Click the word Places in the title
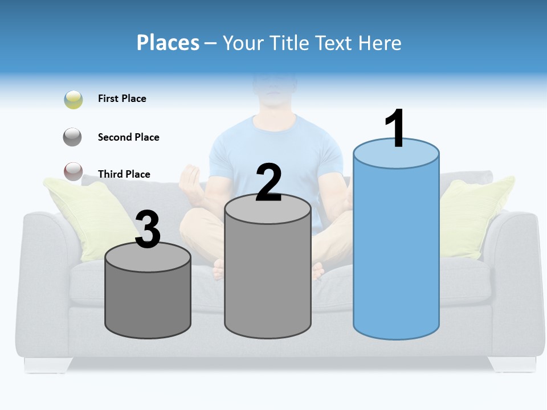coord(168,43)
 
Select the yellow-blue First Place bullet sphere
coord(74,100)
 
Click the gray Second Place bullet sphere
coord(73,137)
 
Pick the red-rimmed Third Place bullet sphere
coord(73,171)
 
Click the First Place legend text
coord(122,99)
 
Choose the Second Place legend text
coord(128,137)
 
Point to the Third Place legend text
coord(124,174)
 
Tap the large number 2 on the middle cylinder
coord(268,183)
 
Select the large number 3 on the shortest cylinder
coord(148,230)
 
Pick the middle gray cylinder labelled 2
coord(268,273)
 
